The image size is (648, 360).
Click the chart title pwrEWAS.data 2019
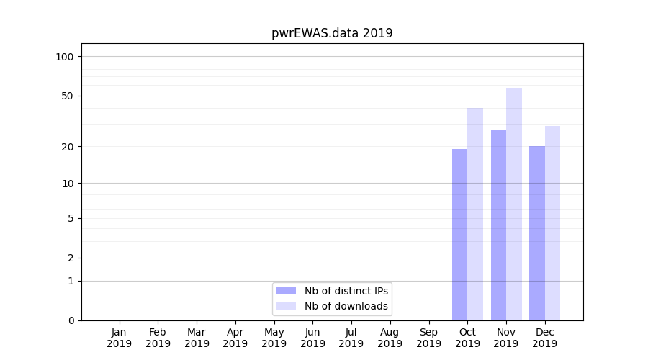(x=332, y=33)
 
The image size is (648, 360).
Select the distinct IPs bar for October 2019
(x=459, y=235)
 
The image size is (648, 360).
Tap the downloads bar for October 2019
(x=475, y=214)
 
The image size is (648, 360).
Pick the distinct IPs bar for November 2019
(x=498, y=225)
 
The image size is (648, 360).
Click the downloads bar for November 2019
(x=514, y=204)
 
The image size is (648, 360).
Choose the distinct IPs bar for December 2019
(x=537, y=233)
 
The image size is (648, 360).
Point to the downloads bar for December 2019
(x=552, y=223)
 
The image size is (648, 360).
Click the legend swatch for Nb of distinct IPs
(x=286, y=291)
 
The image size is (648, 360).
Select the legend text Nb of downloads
(x=346, y=306)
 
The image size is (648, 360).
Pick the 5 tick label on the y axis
(x=70, y=218)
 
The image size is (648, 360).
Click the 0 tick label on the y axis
(x=70, y=320)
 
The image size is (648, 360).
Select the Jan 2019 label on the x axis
(x=120, y=338)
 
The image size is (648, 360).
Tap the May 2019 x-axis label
(x=274, y=338)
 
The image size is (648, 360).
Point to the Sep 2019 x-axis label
(x=428, y=338)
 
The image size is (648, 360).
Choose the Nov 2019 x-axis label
(x=506, y=338)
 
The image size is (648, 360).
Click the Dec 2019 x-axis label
(x=545, y=338)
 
